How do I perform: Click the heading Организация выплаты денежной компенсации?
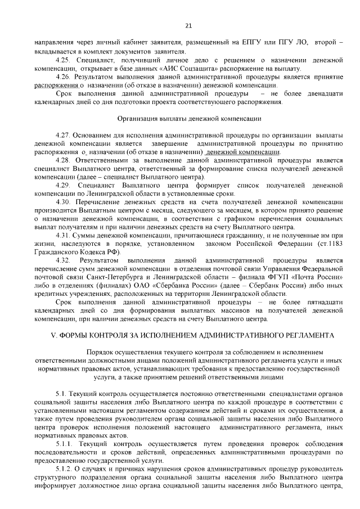click(x=188, y=118)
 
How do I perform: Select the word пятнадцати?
click(x=322, y=302)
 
